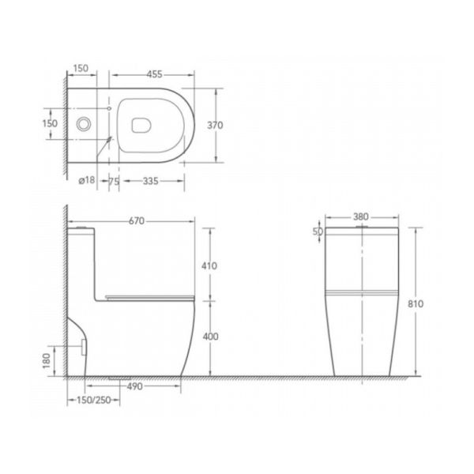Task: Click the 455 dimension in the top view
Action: [x=155, y=74]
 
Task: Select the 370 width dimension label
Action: [x=215, y=125]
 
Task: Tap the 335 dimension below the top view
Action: [x=151, y=181]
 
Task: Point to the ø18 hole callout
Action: [x=87, y=180]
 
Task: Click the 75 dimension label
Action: [x=114, y=182]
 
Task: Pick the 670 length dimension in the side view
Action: [x=137, y=221]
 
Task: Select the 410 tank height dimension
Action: [x=209, y=266]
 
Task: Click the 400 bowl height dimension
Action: [x=210, y=337]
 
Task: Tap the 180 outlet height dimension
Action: [x=47, y=361]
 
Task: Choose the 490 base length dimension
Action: [x=134, y=386]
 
